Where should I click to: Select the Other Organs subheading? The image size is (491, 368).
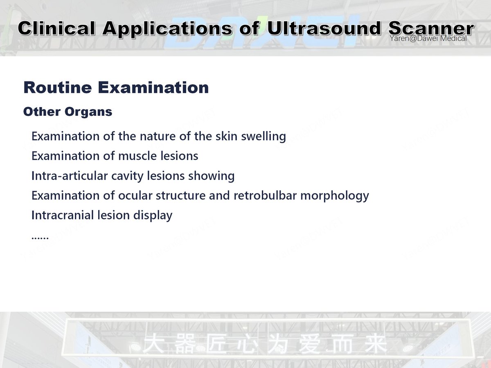coord(68,112)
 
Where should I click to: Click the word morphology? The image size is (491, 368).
coord(335,195)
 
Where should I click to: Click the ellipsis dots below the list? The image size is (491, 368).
coord(40,237)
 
